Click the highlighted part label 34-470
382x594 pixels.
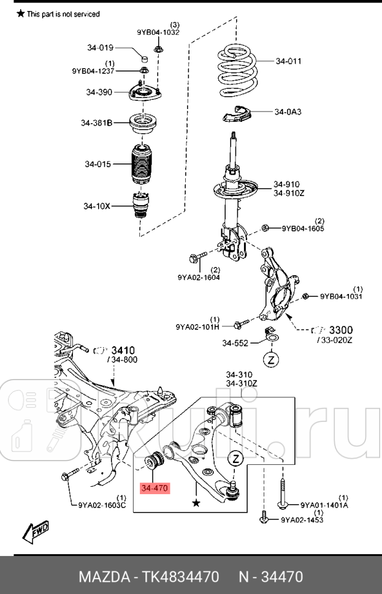click(x=154, y=488)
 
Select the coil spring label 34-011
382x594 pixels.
click(x=288, y=61)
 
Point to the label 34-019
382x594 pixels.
click(x=100, y=48)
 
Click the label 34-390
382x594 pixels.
click(x=99, y=92)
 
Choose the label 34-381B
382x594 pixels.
click(x=97, y=123)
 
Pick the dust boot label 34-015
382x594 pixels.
click(x=98, y=164)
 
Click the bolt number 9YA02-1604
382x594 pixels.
click(x=199, y=277)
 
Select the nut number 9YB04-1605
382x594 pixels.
click(x=303, y=229)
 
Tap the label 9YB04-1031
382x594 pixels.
click(x=341, y=297)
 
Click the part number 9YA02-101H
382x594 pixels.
click(x=197, y=326)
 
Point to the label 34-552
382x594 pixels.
click(x=235, y=343)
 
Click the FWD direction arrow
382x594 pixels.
click(x=36, y=531)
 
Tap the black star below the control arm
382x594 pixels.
click(x=196, y=503)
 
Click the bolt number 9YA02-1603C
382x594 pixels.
click(x=102, y=505)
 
